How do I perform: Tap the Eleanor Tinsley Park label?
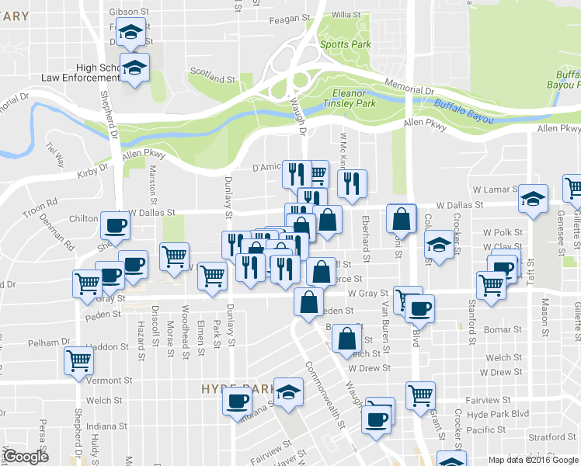[350, 98]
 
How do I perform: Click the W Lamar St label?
[493, 190]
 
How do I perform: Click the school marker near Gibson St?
[132, 33]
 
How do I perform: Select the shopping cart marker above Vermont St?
[80, 360]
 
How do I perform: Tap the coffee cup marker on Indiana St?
[237, 401]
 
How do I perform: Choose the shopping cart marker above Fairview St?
[420, 394]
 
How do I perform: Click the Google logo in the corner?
[26, 457]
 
